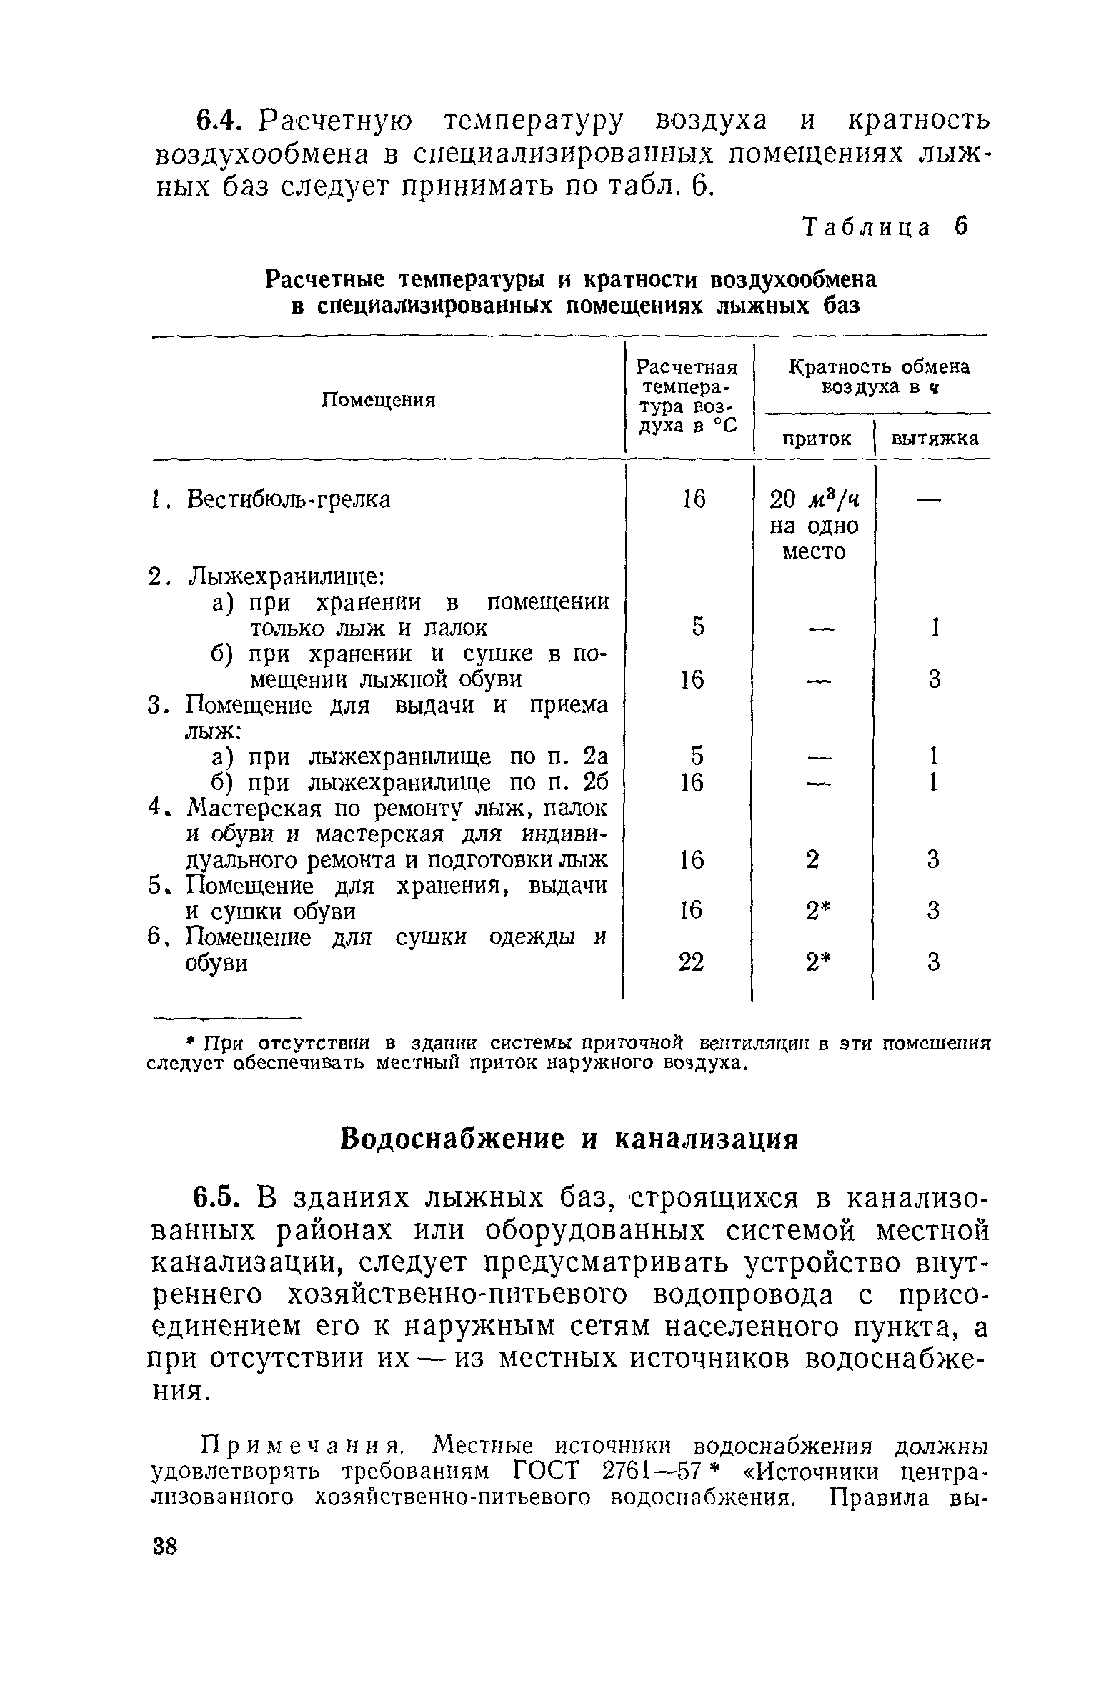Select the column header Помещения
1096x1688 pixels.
(378, 400)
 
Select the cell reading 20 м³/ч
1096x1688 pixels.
(814, 500)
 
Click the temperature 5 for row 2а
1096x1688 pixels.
(697, 626)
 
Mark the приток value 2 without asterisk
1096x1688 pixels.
(813, 859)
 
